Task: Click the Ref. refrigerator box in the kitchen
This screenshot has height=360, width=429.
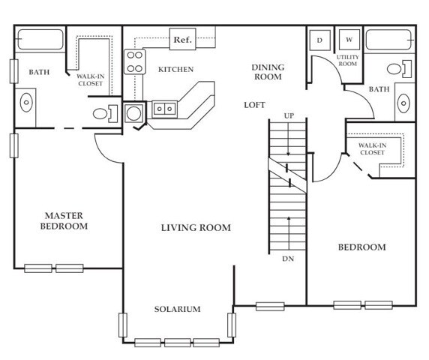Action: click(x=183, y=39)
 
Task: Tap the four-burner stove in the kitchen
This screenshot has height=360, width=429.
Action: click(x=134, y=61)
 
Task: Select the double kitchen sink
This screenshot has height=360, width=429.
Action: click(x=164, y=109)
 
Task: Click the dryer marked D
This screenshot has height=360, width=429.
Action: click(x=319, y=40)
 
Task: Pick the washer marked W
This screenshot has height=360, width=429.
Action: click(x=349, y=40)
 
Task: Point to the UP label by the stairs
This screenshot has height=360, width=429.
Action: click(x=289, y=116)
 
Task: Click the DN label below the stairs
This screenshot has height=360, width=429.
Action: click(x=288, y=259)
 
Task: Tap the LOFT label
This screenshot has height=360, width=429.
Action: click(x=254, y=105)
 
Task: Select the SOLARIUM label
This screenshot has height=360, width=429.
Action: click(x=177, y=309)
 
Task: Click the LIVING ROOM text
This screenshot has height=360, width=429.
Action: click(x=196, y=227)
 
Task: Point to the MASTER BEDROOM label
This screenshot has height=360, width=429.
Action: click(x=64, y=221)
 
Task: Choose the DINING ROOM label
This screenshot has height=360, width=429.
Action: click(x=268, y=72)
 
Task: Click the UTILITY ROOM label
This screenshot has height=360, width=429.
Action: click(x=348, y=61)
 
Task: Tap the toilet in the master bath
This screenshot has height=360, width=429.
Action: click(x=105, y=113)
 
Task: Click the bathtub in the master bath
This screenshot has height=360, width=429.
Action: click(x=40, y=40)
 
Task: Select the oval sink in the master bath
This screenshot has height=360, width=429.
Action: click(x=26, y=103)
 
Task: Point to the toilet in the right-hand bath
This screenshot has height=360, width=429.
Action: click(x=400, y=69)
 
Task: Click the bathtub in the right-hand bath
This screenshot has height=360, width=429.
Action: click(x=388, y=40)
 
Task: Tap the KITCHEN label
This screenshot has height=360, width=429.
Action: click(x=176, y=70)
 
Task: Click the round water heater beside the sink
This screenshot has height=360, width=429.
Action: click(x=134, y=113)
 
